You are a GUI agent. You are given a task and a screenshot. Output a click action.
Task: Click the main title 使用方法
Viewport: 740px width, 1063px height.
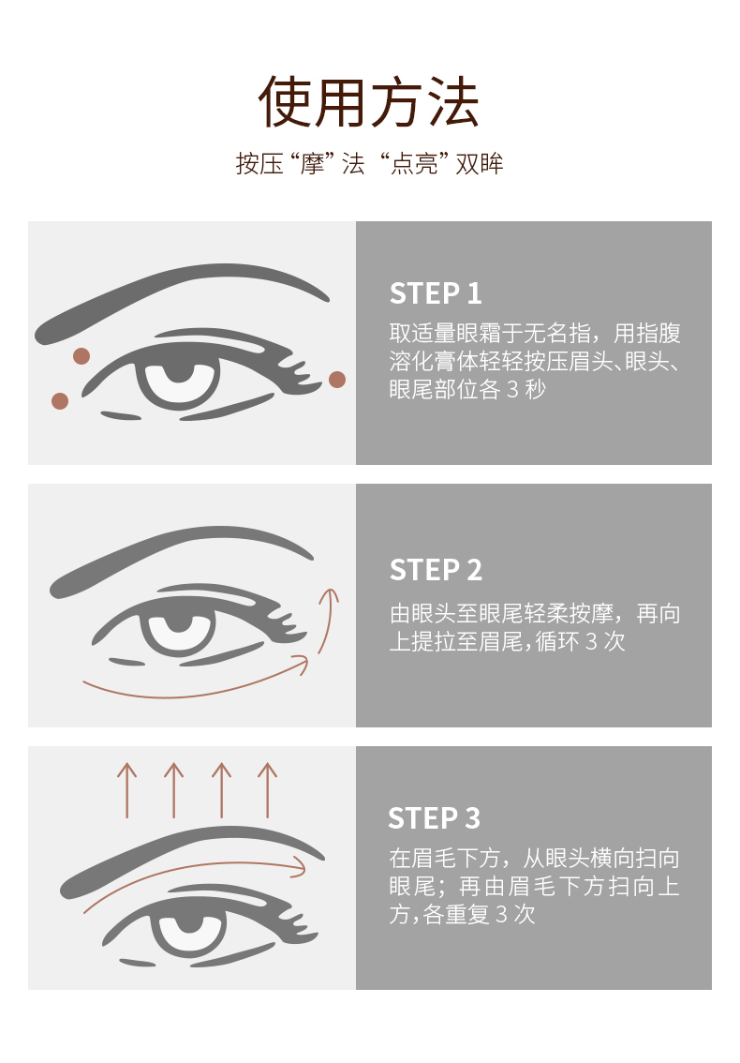click(369, 102)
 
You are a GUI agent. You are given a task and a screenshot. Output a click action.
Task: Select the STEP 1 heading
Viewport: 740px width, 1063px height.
click(436, 293)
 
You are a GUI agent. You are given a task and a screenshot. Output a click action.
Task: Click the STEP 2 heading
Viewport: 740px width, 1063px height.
click(436, 570)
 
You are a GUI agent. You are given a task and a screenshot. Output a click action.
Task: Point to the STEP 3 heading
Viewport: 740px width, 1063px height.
click(435, 818)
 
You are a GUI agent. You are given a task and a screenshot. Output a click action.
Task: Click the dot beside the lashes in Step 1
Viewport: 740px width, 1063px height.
click(337, 380)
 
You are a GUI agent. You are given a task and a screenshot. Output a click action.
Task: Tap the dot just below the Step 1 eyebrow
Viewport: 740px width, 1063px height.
click(81, 356)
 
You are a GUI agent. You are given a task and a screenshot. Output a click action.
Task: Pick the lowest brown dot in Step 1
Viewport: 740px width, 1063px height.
click(60, 400)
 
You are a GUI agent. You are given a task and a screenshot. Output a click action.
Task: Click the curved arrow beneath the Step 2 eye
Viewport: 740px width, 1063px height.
click(197, 693)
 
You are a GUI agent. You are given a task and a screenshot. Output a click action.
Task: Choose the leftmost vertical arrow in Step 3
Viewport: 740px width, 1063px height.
click(126, 790)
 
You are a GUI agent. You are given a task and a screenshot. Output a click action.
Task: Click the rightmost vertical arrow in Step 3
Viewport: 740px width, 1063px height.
click(268, 790)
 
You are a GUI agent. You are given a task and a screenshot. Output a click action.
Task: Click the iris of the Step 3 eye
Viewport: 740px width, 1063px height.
click(190, 930)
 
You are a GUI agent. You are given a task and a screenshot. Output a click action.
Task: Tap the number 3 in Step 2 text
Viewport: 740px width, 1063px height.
click(592, 641)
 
